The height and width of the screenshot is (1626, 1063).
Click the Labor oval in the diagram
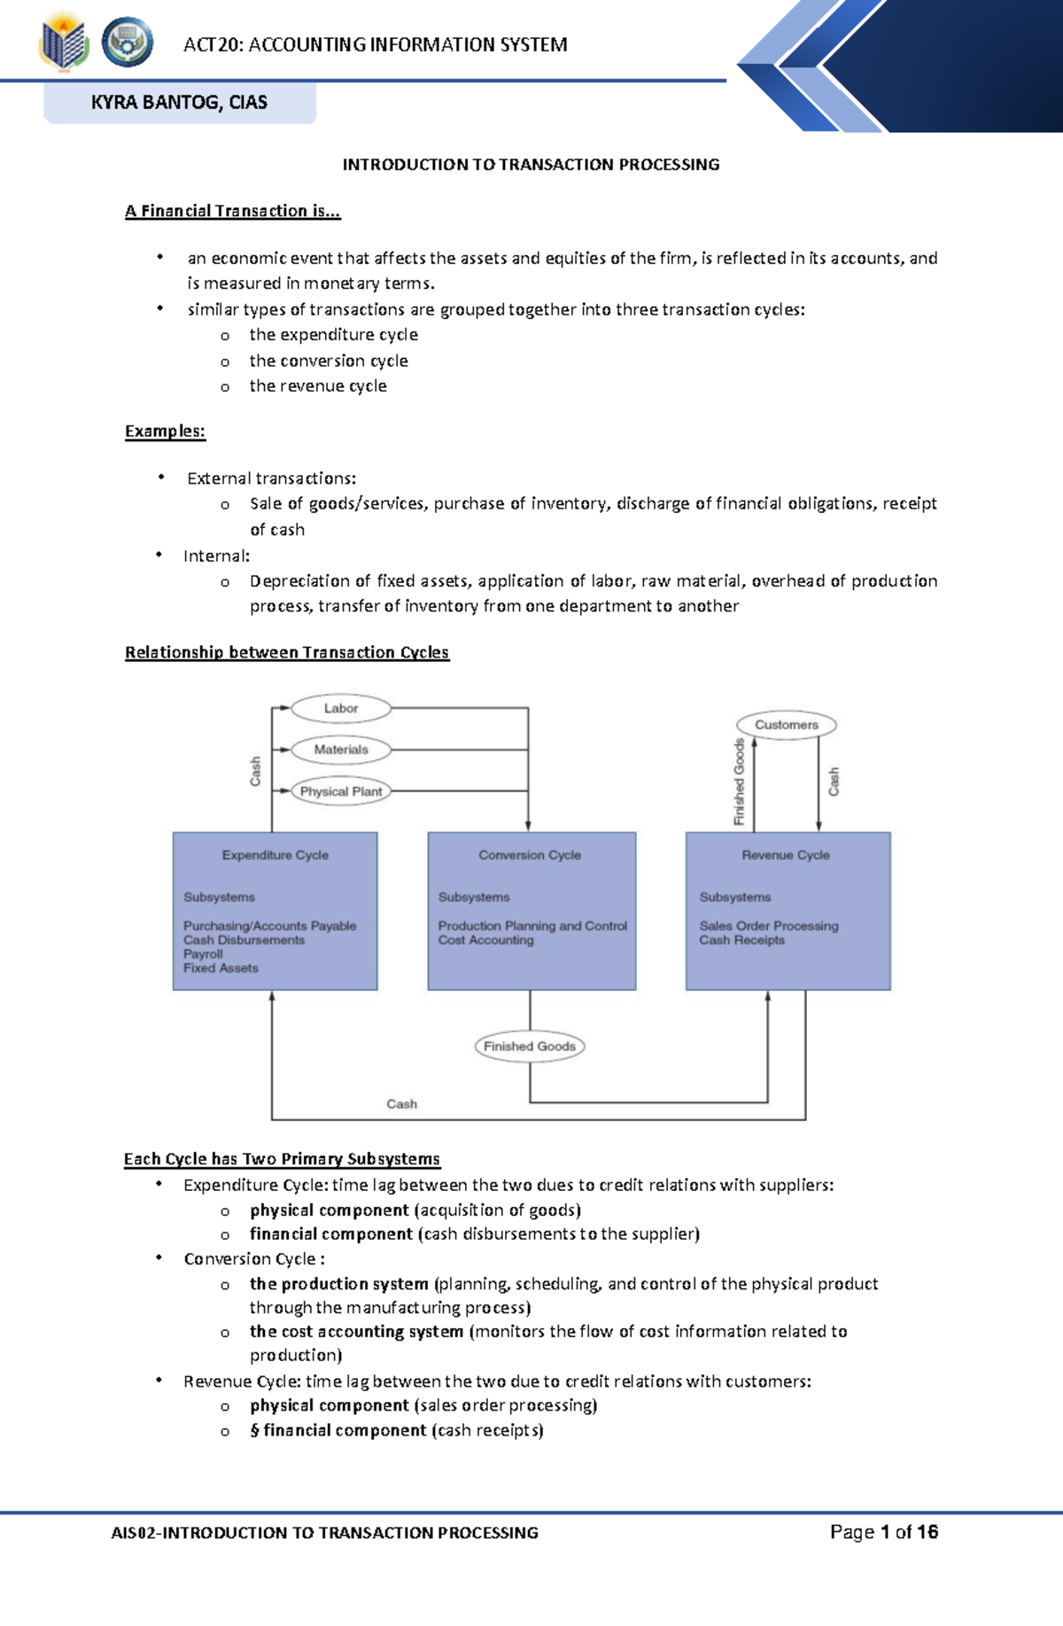point(341,708)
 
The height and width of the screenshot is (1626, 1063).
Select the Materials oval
point(341,750)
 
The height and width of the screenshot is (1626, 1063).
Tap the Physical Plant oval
point(341,791)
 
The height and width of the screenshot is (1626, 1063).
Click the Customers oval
point(787,725)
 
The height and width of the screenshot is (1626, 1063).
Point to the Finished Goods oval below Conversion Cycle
point(530,1046)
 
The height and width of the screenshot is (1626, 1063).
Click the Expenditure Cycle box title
point(275,855)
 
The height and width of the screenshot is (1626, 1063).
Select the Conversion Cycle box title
point(530,855)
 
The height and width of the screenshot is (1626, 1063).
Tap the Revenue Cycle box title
point(786,855)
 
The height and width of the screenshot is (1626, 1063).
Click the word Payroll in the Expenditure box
point(203,954)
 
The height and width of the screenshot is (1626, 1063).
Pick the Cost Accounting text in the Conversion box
point(485,940)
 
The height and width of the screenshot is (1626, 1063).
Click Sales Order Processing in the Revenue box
point(768,926)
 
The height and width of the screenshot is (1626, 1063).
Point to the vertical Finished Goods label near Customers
point(740,782)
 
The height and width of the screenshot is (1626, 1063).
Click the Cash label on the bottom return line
point(401,1104)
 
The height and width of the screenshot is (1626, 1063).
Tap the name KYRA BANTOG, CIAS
point(179,102)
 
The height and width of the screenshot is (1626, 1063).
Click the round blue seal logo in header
point(128,43)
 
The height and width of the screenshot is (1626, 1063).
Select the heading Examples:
point(165,432)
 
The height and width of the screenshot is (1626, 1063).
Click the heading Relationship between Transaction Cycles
point(286,652)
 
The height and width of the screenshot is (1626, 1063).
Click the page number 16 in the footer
point(927,1532)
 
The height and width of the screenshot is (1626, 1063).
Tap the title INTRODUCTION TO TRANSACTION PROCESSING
point(531,165)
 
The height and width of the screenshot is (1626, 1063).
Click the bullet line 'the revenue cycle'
point(317,386)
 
